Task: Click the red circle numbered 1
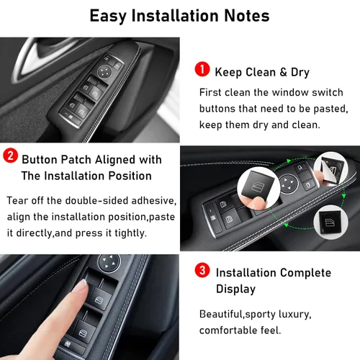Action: (202, 70)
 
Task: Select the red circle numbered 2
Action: (11, 158)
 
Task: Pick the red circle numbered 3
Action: (203, 272)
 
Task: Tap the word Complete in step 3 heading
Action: (307, 273)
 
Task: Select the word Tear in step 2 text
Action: (19, 199)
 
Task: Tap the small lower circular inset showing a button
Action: (332, 221)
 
